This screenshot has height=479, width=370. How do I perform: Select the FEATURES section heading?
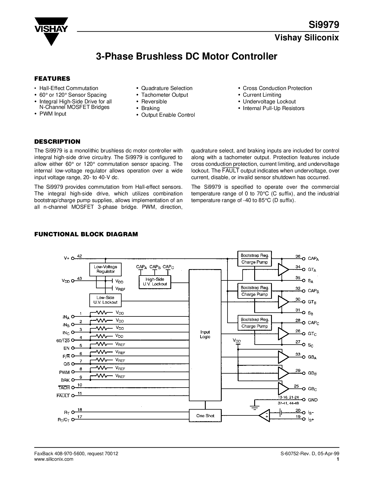coord(52,78)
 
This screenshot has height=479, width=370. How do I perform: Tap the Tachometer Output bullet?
coord(165,95)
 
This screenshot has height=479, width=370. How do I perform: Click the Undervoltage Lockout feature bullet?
coord(269,102)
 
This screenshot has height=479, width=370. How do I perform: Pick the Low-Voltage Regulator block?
coord(106,269)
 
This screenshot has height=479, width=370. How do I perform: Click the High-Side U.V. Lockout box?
coord(155,282)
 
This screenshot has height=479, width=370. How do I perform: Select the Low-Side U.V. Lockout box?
coord(105,300)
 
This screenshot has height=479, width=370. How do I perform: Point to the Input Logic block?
coord(205,334)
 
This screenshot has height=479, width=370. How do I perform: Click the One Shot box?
coord(205,416)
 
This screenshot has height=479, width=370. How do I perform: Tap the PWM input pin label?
coord(65,372)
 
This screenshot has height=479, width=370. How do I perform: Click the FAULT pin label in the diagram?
coord(63,395)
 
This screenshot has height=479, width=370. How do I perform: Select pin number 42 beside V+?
coord(80,256)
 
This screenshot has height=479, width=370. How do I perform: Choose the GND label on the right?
coord(313,400)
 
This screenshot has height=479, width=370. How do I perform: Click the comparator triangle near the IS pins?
coord(264,416)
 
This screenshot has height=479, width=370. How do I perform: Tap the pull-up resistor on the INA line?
coord(101,313)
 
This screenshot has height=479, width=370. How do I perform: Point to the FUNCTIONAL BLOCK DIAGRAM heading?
coord(86,234)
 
